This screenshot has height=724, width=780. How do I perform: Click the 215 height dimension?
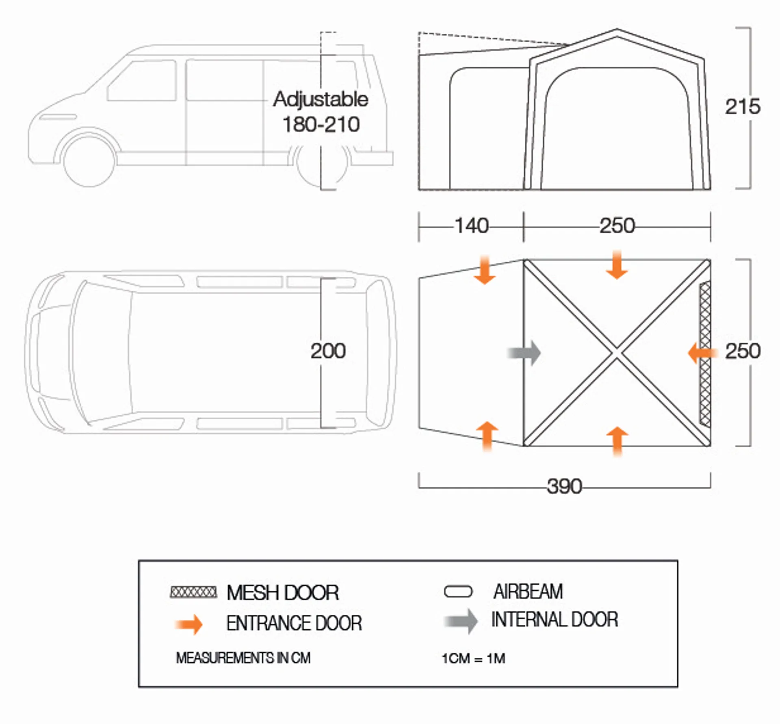point(743,107)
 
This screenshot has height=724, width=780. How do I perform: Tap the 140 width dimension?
point(471,226)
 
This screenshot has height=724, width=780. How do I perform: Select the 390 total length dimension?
point(564,486)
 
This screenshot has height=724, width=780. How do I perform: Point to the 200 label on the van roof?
point(328,351)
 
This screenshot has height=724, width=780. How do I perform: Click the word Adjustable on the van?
point(321,100)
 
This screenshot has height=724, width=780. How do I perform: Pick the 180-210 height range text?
point(321,124)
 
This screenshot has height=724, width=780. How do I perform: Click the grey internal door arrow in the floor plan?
point(524,353)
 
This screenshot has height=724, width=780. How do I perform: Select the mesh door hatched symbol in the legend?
point(193,592)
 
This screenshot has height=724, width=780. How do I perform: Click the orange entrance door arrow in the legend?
point(189,624)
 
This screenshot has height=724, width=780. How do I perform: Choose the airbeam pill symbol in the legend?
point(458,592)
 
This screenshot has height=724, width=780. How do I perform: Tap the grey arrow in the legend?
point(461,621)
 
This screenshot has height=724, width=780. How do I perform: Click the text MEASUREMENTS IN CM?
point(243,658)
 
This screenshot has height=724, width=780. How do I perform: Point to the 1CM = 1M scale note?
point(473,658)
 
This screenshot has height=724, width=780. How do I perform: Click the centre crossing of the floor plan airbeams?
point(617,353)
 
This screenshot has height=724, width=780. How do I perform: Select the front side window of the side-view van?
point(142,80)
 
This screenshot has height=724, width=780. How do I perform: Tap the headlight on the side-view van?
point(58,117)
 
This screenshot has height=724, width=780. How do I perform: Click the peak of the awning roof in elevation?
point(617,29)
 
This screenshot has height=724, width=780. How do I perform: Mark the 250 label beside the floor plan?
point(743,351)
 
